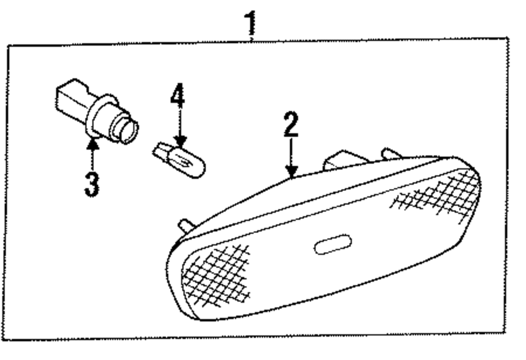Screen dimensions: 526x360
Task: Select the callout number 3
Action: tap(92, 185)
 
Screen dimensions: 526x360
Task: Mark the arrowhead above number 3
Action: tap(93, 143)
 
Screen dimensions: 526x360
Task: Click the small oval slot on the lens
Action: tap(332, 245)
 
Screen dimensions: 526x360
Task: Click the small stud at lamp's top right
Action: tap(390, 153)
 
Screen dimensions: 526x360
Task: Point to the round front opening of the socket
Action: tap(128, 130)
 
